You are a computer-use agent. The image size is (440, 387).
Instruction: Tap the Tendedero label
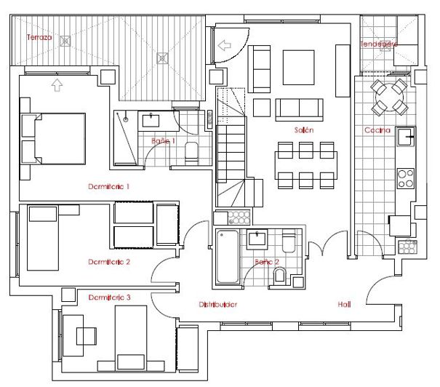click(379, 44)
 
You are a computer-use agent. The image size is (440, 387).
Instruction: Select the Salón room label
click(304, 129)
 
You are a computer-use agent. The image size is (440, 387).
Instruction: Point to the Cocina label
click(377, 130)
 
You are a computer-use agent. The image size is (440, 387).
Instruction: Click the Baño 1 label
click(163, 140)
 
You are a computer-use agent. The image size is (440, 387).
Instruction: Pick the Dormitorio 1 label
click(108, 186)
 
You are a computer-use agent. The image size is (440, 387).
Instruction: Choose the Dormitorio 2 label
click(109, 262)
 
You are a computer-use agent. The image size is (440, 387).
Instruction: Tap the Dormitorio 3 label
click(109, 298)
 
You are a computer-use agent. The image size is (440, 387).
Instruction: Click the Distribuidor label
click(218, 305)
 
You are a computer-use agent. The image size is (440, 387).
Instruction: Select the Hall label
click(344, 305)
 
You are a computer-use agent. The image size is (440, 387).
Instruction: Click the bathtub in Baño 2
click(227, 257)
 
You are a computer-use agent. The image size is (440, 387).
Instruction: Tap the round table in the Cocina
click(388, 96)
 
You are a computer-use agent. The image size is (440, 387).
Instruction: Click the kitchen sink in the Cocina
click(404, 135)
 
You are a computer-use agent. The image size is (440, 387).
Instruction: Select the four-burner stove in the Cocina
click(405, 178)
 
